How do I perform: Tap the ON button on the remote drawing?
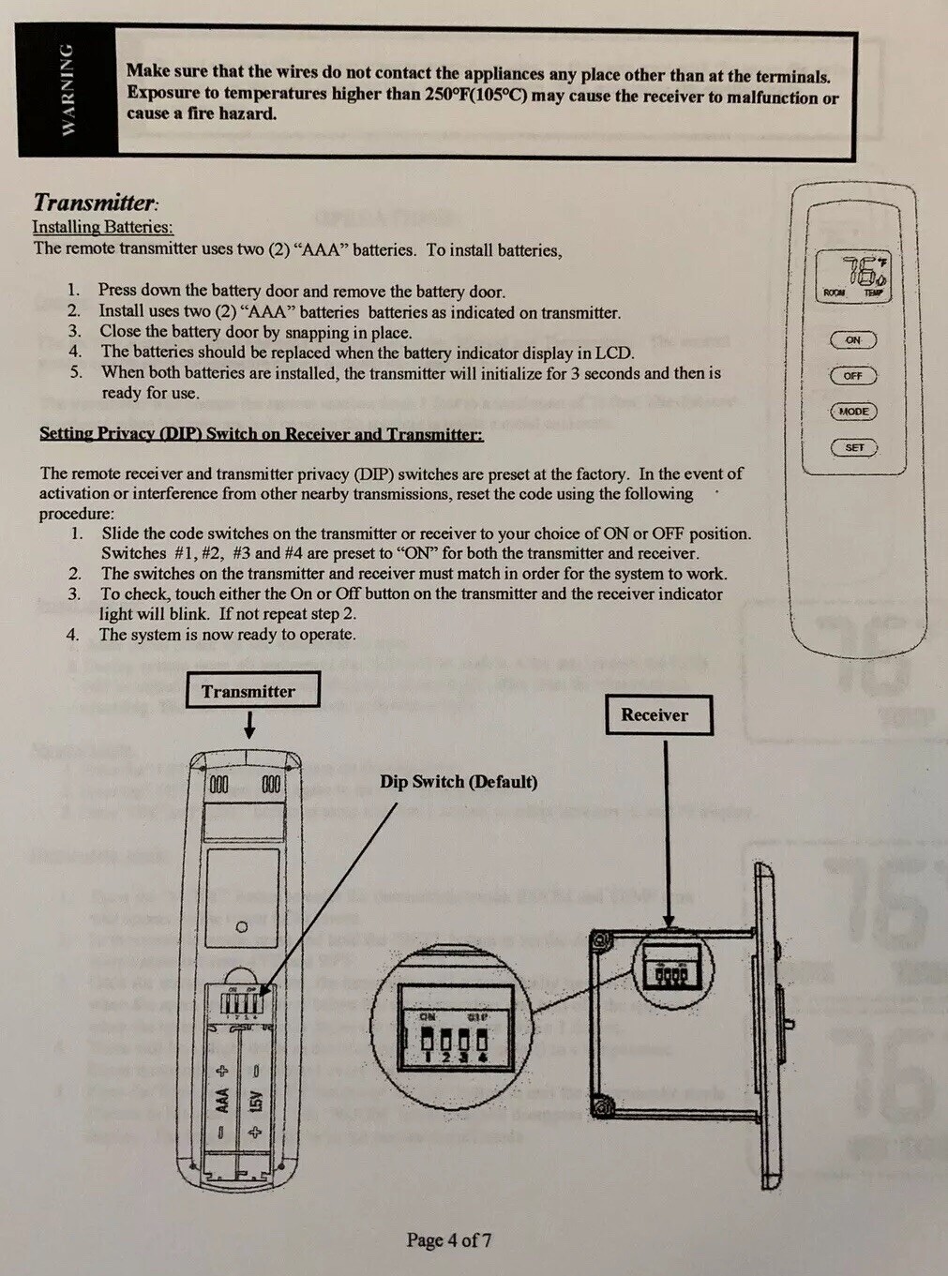tap(853, 339)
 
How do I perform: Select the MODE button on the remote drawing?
tap(853, 411)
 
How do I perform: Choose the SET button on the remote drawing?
tap(853, 447)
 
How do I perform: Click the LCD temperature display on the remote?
tap(854, 276)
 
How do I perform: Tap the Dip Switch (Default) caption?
tap(459, 782)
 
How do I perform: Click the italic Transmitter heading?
tap(96, 203)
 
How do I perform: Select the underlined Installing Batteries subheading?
tap(102, 227)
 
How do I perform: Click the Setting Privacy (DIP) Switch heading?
tap(261, 433)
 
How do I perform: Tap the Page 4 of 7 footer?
tap(448, 1239)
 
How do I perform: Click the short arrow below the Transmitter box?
tap(249, 725)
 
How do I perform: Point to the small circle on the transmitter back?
tap(242, 926)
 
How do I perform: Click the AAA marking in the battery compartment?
tap(223, 1099)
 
